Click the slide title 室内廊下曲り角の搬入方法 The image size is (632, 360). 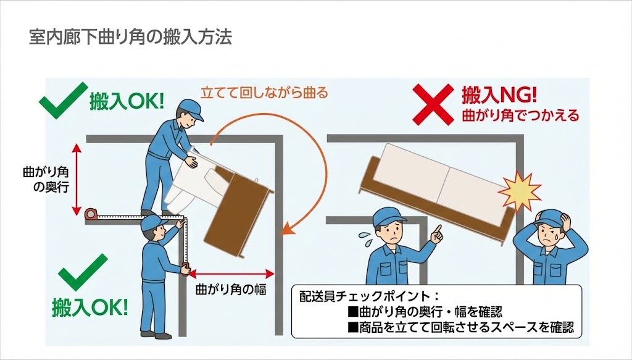[130, 38]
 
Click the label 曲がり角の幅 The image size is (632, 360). [230, 288]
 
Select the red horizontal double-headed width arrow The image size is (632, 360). [231, 272]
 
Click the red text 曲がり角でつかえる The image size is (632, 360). [517, 115]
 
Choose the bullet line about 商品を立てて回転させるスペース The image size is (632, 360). [462, 326]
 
